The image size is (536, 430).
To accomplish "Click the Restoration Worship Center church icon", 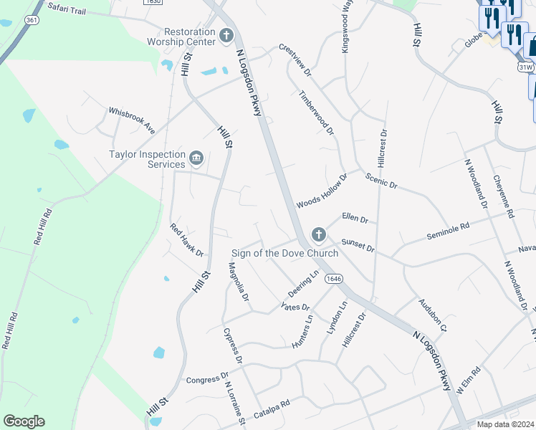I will [x=226, y=35].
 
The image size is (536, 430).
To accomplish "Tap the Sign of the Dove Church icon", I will [x=318, y=234].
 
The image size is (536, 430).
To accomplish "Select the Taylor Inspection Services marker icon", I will [x=196, y=158].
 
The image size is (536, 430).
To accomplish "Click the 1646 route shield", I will [x=332, y=278].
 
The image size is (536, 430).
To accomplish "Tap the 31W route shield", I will [x=526, y=67].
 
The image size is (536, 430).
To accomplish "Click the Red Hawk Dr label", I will [x=187, y=240].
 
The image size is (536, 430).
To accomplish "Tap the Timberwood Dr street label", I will [x=316, y=113].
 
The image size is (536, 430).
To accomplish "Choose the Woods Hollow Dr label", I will [x=322, y=191].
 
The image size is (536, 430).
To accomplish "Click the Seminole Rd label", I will [x=448, y=230].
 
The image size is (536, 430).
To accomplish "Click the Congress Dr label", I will [x=207, y=376].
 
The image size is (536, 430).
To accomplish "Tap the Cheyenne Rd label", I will [x=504, y=197].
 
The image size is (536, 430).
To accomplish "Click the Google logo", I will [x=24, y=421].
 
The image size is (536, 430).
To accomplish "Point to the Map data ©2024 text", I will [x=506, y=424].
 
